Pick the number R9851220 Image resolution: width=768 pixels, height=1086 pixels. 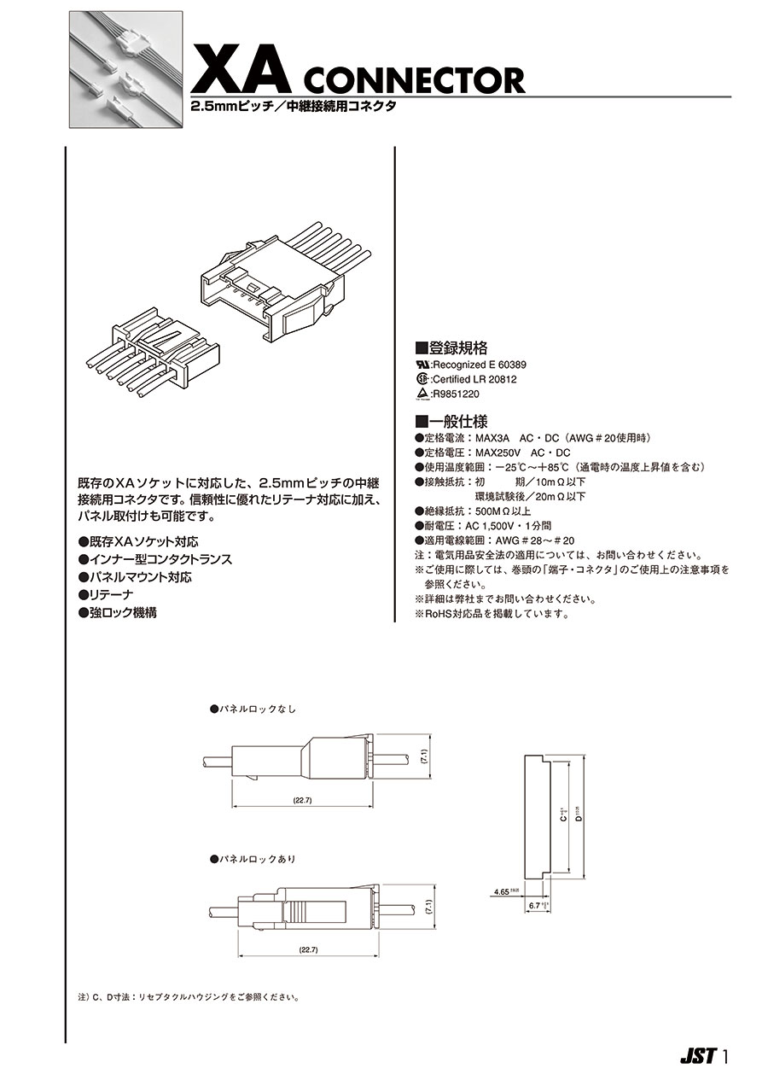(x=457, y=394)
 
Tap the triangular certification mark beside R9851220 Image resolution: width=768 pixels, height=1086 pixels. (x=421, y=394)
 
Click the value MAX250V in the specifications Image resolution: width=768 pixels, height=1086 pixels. (x=497, y=452)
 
